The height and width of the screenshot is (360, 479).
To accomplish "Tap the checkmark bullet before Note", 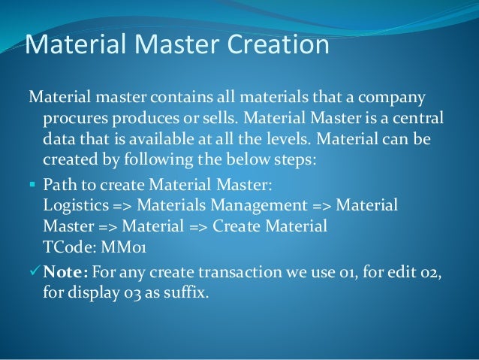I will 33,271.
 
